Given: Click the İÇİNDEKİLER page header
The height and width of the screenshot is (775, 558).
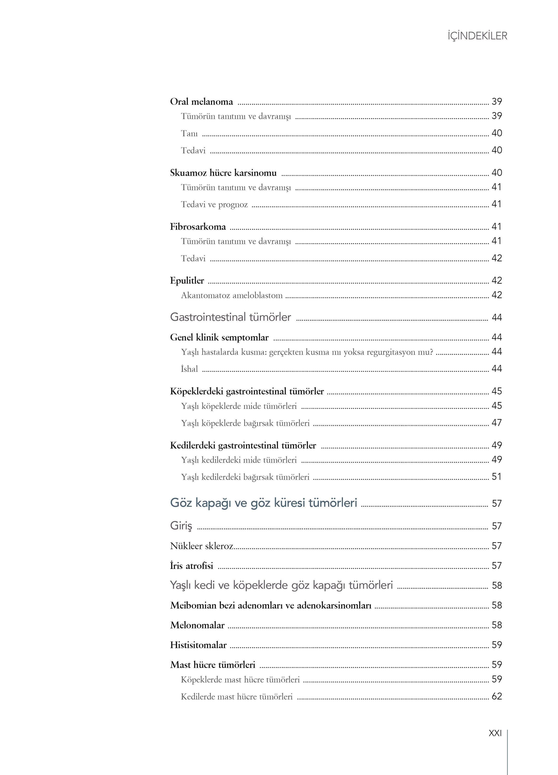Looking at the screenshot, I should tap(477, 36).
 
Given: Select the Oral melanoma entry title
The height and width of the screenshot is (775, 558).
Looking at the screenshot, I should tap(201, 102).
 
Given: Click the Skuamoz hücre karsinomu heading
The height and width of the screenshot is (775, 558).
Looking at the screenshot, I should tap(223, 173).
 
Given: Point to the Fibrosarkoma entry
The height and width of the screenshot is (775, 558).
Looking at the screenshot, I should tap(198, 227).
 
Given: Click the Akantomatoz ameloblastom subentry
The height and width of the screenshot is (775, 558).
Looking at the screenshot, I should tap(232, 295).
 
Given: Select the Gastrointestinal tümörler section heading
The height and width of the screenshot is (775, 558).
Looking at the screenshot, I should tap(230, 317).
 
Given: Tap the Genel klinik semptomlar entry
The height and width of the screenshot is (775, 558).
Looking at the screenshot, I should tap(219, 338).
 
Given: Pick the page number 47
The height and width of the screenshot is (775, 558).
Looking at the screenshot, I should tap(496, 423).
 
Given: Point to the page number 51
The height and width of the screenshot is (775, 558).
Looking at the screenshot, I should tap(496, 477).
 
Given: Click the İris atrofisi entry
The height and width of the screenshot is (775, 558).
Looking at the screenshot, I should tap(191, 566).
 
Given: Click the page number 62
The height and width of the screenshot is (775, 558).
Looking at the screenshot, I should tap(496, 696).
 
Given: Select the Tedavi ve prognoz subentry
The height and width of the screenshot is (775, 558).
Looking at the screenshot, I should tap(214, 204).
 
